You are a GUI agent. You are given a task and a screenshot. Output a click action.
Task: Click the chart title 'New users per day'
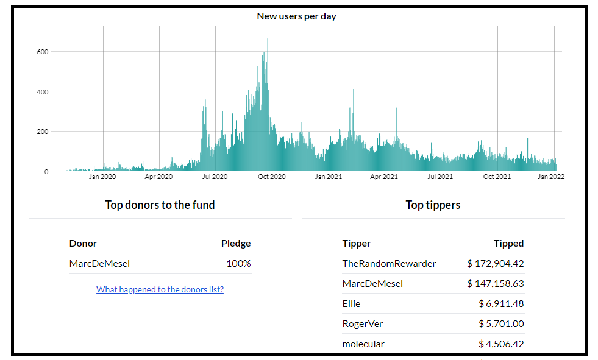tap(296, 16)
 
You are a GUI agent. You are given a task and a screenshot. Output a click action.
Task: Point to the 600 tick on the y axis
tap(43, 52)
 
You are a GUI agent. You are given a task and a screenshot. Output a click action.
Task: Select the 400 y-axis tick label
tap(43, 92)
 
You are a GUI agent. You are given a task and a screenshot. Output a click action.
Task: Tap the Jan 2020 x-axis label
tap(102, 177)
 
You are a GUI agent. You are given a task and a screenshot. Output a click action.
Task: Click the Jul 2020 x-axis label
tap(215, 177)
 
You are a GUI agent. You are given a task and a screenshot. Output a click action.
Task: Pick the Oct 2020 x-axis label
tap(271, 177)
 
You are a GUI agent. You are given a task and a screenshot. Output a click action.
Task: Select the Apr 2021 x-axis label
tap(383, 177)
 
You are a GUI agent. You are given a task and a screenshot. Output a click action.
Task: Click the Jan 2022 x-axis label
tap(551, 177)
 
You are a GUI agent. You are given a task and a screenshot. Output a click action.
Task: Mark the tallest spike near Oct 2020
tap(268, 40)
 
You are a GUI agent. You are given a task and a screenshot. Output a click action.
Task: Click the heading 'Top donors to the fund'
tap(160, 205)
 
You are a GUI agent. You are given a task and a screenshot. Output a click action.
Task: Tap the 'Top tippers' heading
tap(433, 205)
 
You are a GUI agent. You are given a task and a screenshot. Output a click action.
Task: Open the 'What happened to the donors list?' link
tap(160, 289)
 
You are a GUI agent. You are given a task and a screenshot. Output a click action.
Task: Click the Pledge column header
tap(236, 244)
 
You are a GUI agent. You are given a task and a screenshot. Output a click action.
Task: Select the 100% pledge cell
tap(238, 264)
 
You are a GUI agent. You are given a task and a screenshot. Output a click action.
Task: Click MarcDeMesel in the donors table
tap(99, 264)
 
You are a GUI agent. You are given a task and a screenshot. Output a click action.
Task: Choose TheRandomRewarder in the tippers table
tap(389, 264)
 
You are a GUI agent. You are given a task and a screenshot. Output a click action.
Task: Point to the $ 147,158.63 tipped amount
tap(496, 284)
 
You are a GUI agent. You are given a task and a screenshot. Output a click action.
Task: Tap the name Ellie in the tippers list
tap(351, 303)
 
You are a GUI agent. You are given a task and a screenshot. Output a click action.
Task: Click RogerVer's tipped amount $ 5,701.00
tap(501, 324)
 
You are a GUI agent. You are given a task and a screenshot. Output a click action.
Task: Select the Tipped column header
tap(509, 244)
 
